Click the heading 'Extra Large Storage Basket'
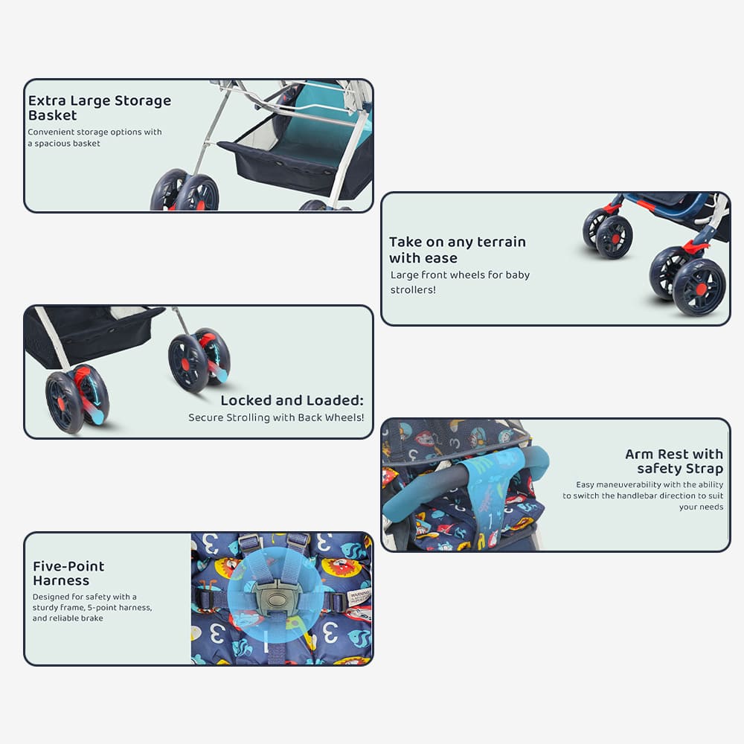tap(100, 108)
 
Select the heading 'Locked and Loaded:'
tap(292, 400)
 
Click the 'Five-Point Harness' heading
tap(68, 573)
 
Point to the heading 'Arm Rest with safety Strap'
tap(674, 461)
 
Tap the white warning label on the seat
tap(359, 598)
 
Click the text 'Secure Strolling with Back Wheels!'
tap(276, 417)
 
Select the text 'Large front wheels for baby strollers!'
tap(460, 282)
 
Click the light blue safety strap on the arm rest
tap(489, 493)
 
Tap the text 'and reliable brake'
tap(68, 618)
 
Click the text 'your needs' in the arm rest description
tap(701, 507)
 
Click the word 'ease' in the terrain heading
tap(441, 258)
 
